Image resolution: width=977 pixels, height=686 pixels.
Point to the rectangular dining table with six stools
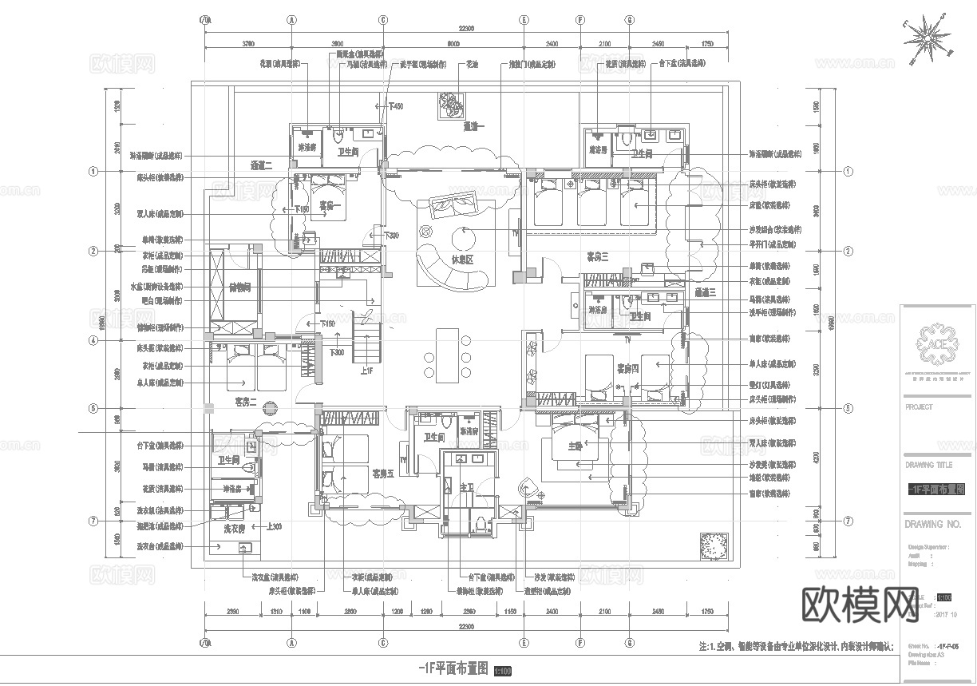(x=448, y=352)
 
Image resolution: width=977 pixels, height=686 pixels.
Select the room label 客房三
(x=598, y=256)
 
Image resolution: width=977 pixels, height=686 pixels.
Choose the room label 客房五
(x=383, y=474)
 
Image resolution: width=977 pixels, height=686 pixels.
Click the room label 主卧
(x=576, y=447)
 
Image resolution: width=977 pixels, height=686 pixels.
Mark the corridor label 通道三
(x=706, y=293)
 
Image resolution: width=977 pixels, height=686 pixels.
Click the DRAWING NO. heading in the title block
(x=933, y=525)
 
